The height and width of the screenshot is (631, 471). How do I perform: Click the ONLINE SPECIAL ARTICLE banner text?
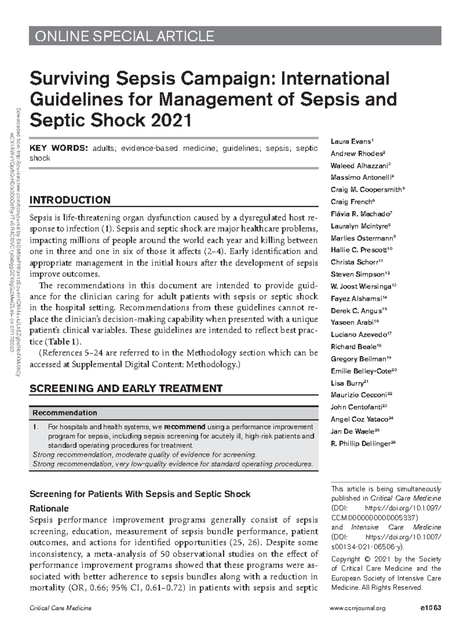(x=124, y=37)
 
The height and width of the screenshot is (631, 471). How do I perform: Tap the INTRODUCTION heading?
(x=70, y=200)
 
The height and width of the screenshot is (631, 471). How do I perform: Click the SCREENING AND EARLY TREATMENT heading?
(x=126, y=389)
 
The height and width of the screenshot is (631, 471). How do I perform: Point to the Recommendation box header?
(x=64, y=413)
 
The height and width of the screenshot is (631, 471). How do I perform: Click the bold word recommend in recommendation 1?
(x=184, y=427)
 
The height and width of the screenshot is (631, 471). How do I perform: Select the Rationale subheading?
(x=49, y=508)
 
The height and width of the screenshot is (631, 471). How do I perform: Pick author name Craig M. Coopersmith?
(x=366, y=190)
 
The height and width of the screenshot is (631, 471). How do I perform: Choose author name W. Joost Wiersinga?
(x=361, y=286)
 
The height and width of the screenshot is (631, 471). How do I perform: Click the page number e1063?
(x=430, y=608)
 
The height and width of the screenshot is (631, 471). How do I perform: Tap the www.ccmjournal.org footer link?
(x=358, y=608)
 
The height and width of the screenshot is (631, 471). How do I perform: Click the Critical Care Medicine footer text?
(x=60, y=608)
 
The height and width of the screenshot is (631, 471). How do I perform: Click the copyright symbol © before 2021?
(x=367, y=559)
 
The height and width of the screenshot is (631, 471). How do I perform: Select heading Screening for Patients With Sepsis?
(x=140, y=494)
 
